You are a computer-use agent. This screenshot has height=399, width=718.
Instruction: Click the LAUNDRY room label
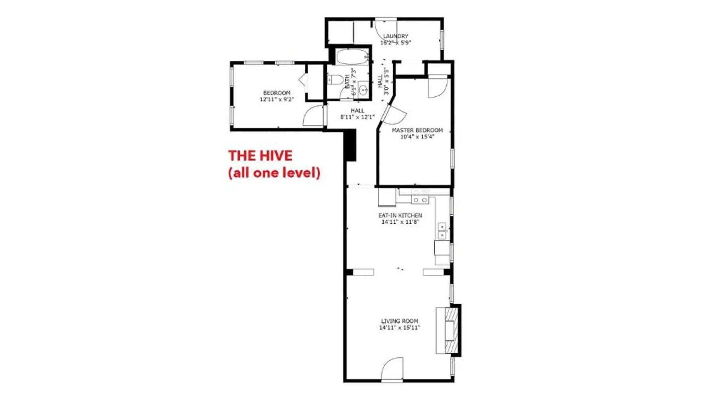point(396,36)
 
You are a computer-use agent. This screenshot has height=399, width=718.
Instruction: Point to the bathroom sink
point(363,90)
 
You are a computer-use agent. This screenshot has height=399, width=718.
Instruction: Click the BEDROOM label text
point(277,93)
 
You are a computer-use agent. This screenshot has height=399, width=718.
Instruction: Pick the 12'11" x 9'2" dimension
point(277,99)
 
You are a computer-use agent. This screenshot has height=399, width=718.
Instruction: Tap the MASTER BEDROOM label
point(417,130)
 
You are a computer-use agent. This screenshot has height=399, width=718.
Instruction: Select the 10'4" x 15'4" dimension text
point(417,137)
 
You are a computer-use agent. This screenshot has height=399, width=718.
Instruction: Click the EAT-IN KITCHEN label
point(400,215)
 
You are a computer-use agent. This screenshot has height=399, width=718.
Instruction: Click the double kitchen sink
point(442,231)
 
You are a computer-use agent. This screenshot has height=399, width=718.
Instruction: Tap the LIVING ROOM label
point(400,321)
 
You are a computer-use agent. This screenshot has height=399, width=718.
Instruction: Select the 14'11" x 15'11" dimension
point(400,328)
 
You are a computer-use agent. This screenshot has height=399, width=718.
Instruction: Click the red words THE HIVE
point(260,156)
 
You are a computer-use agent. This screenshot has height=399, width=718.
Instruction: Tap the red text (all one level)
point(274,173)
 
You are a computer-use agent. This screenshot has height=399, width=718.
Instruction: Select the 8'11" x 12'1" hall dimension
point(357,117)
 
